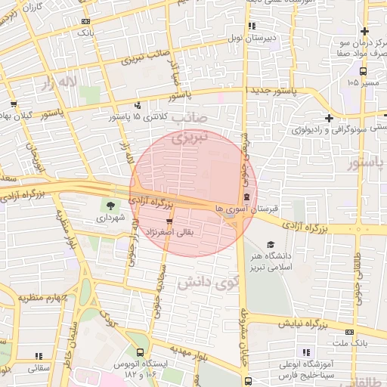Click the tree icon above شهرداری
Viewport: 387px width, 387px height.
tap(111, 205)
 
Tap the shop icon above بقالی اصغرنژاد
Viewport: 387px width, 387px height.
tap(178, 221)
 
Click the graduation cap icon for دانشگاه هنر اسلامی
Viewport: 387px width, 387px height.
tap(271, 244)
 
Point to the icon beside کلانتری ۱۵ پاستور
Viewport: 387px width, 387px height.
tap(137, 106)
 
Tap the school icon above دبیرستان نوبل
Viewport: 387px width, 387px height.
tap(252, 23)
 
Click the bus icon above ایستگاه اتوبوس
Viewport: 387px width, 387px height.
tap(140, 351)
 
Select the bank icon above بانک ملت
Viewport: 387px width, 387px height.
tap(349, 331)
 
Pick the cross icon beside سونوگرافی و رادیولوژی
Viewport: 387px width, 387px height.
tap(329, 118)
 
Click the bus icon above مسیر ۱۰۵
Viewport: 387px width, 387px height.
tap(364, 71)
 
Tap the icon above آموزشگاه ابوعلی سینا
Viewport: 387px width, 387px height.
tap(305, 352)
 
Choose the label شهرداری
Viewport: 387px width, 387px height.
tap(112, 219)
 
